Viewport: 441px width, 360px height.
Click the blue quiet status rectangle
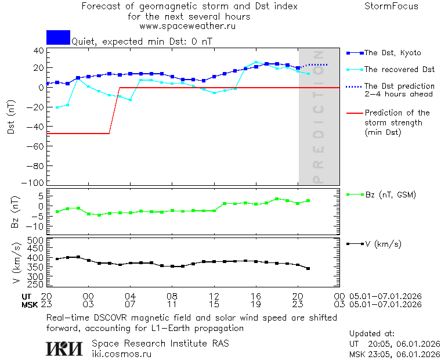(58, 37)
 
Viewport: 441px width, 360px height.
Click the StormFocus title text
(391, 6)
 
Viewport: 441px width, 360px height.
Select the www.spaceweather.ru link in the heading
(187, 26)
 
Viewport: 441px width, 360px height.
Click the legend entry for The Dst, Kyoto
(392, 53)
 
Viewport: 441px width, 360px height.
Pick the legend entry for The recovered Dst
(399, 69)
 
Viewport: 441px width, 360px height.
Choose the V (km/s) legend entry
(382, 243)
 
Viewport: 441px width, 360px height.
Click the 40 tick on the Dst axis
(38, 51)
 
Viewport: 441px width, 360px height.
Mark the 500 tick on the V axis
(36, 240)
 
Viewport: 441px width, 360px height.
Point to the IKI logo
(64, 348)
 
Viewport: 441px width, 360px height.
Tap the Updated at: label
(372, 334)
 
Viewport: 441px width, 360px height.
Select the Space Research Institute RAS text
(160, 343)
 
